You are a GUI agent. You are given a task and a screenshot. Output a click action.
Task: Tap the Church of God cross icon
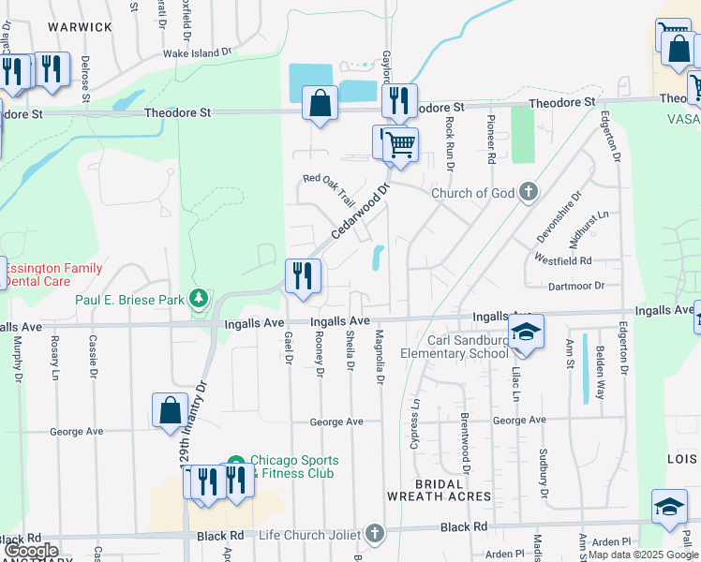pos(529,193)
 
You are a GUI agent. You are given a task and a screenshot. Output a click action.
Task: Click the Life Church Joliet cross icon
pos(375,534)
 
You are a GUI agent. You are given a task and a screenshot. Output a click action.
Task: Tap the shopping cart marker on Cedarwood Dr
pos(400,145)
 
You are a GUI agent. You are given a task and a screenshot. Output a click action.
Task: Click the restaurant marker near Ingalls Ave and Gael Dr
pos(302,276)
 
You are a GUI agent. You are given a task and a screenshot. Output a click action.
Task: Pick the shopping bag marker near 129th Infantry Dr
pos(170,410)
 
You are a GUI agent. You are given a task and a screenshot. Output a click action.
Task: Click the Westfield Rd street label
pos(563,259)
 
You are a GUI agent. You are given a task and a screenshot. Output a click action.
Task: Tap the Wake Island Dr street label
pos(197,53)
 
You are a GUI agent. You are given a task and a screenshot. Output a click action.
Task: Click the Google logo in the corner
pos(31,551)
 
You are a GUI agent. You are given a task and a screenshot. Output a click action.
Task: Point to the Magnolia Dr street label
pos(380,357)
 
